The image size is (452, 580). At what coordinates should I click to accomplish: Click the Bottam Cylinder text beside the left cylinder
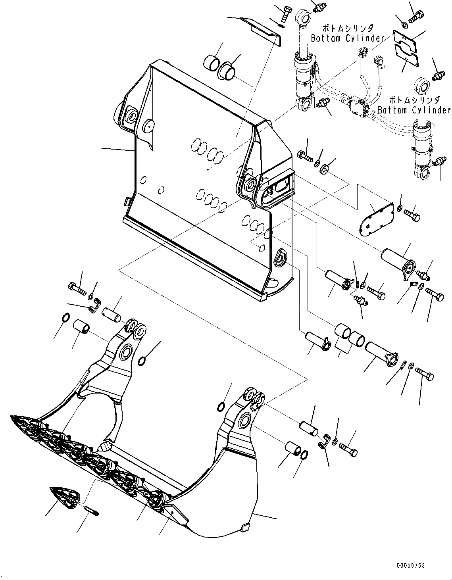pos(348,38)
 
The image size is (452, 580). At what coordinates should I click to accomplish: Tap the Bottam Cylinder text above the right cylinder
pos(414,109)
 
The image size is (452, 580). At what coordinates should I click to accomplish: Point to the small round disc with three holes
pos(325,169)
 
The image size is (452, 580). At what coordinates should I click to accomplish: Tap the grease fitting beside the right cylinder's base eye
pos(439,162)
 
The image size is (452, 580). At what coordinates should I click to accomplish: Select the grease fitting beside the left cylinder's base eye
pos(322,103)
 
